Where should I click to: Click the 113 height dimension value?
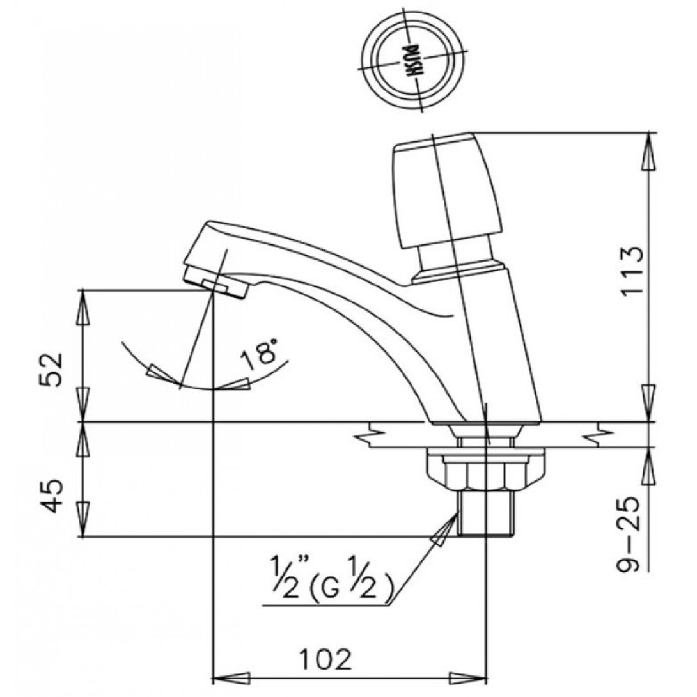point(632,270)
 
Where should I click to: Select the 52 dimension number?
point(52,370)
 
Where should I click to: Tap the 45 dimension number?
point(52,496)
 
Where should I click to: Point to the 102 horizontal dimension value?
point(325,659)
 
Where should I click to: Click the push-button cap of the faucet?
point(448,189)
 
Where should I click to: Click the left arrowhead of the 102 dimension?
point(231,678)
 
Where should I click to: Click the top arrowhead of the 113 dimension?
point(650,151)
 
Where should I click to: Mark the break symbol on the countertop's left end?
point(371,435)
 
